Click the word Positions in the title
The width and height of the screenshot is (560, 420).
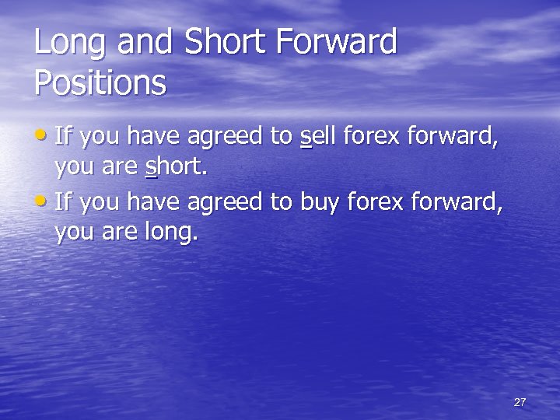click(100, 82)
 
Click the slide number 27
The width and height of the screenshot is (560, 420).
click(520, 402)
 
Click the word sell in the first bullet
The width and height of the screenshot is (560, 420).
click(318, 138)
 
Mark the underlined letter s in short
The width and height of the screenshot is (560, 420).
click(151, 167)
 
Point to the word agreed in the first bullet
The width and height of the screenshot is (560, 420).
click(225, 138)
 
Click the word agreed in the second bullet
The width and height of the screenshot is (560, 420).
click(225, 204)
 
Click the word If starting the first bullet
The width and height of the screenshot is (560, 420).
click(64, 138)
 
